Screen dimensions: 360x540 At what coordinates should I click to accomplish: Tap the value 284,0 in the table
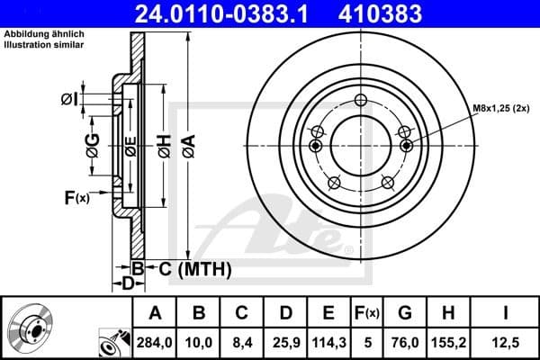[x=154, y=343]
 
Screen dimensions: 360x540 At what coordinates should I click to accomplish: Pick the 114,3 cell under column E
[x=328, y=343]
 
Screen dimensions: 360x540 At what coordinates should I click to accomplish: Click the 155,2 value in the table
[x=447, y=343]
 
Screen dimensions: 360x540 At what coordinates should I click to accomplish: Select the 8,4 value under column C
[x=242, y=343]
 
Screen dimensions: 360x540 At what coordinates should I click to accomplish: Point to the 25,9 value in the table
[x=285, y=343]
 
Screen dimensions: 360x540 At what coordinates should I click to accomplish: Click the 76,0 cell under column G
[x=405, y=343]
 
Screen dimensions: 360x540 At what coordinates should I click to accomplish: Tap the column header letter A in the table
[x=154, y=314]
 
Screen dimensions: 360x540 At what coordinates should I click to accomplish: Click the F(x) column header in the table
[x=366, y=314]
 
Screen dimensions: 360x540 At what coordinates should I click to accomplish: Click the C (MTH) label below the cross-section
[x=189, y=268]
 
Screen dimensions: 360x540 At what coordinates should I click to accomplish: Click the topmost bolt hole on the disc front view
[x=361, y=100]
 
